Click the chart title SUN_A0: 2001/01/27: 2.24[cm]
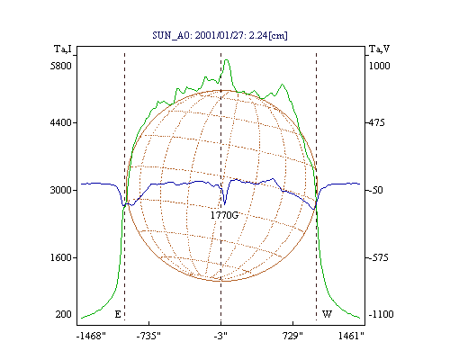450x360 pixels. pyautogui.click(x=220, y=35)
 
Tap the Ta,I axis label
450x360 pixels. pyautogui.click(x=63, y=49)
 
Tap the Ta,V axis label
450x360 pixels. pyautogui.click(x=379, y=49)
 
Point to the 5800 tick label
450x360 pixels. pyautogui.click(x=61, y=66)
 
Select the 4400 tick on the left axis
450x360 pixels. pyautogui.click(x=61, y=122)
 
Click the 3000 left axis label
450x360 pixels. pyautogui.click(x=61, y=190)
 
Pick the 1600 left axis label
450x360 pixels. pyautogui.click(x=61, y=257)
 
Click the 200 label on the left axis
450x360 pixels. pyautogui.click(x=63, y=314)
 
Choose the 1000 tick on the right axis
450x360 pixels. pyautogui.click(x=379, y=66)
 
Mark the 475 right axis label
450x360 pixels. pyautogui.click(x=376, y=122)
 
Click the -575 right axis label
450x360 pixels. pyautogui.click(x=378, y=257)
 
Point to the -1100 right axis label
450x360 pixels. pyautogui.click(x=381, y=314)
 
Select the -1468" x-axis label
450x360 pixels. pyautogui.click(x=91, y=336)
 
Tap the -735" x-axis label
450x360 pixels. pyautogui.click(x=148, y=336)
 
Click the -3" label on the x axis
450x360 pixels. pyautogui.click(x=220, y=336)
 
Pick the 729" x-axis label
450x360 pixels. pyautogui.click(x=293, y=336)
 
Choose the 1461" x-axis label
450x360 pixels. pyautogui.click(x=351, y=336)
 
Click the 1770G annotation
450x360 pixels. pyautogui.click(x=224, y=215)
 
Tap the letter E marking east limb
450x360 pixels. pyautogui.click(x=118, y=314)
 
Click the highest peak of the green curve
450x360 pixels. pyautogui.click(x=227, y=60)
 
